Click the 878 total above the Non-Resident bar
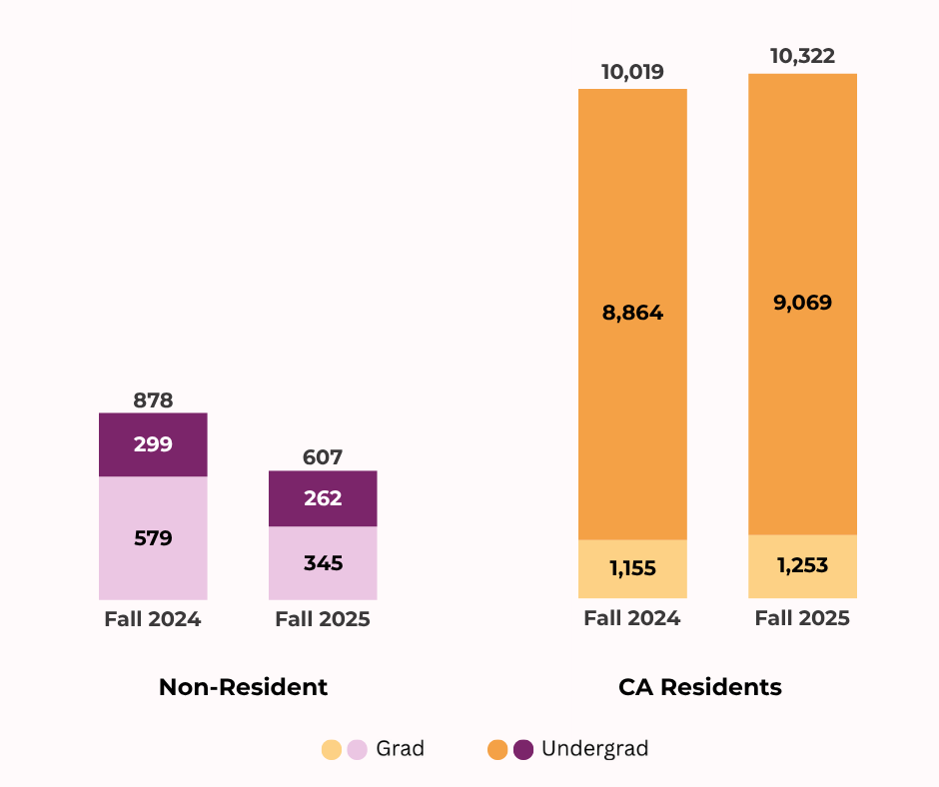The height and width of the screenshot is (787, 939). pos(153,400)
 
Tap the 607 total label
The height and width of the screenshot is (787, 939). pos(323,457)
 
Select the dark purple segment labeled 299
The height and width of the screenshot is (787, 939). pos(153,444)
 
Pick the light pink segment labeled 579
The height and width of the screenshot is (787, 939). pos(153,538)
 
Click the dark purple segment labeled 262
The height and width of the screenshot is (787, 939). pos(323,498)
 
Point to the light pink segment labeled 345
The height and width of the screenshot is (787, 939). pos(323,563)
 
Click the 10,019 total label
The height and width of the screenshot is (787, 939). pos(632,72)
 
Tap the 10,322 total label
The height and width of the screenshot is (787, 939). pos(802,56)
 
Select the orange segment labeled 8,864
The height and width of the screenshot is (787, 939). pos(632,314)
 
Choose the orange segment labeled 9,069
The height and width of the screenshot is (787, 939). pos(802,303)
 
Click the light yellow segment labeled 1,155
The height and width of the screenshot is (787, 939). pos(632,569)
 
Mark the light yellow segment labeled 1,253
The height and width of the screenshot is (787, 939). pos(802,566)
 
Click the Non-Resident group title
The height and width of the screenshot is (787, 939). pos(243,687)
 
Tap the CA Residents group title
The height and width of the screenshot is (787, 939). pos(699,687)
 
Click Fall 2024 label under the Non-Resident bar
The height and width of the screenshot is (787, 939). pos(153,619)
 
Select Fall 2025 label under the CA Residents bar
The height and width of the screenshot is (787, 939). pos(802,618)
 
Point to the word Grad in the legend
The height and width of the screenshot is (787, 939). pos(400,749)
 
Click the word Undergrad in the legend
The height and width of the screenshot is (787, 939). pos(594,749)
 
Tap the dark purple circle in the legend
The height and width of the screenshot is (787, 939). pos(523,750)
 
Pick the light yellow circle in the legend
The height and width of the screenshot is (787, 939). pos(332,750)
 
